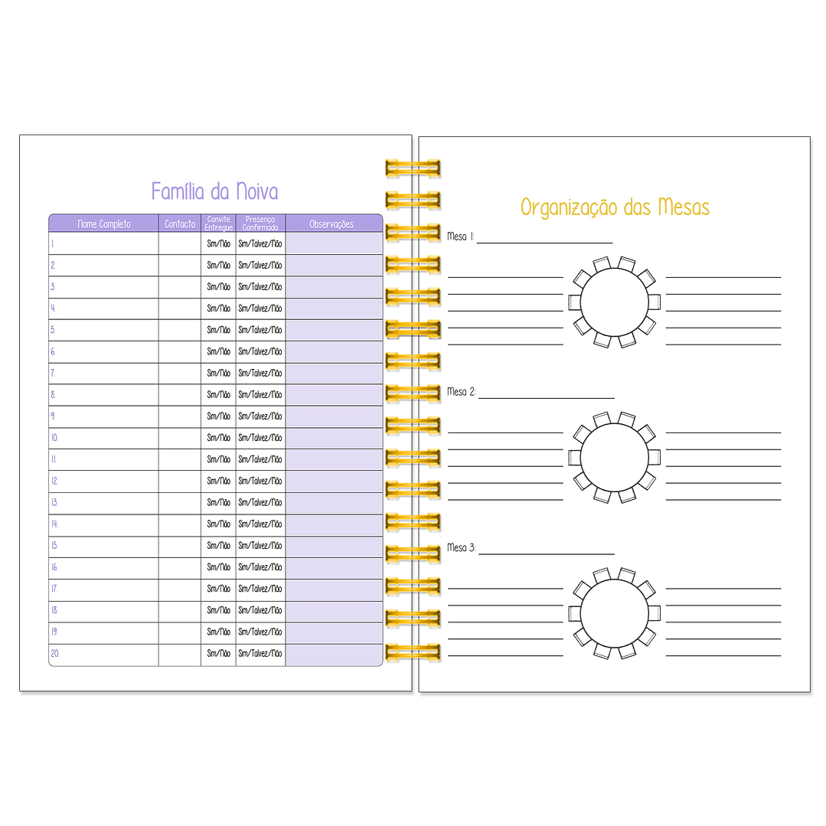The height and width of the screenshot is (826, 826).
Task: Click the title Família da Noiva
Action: pos(214,191)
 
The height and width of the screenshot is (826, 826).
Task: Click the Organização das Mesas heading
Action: pos(615,207)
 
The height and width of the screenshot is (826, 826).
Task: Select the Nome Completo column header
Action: pos(104,224)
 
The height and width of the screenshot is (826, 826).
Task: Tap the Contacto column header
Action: pos(180,224)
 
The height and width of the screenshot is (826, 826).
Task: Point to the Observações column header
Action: pos(331,224)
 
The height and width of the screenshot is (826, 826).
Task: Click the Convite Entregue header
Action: pos(219,224)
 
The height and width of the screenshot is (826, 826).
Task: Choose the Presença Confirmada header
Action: pos(260,224)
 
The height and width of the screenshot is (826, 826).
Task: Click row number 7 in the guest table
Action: pos(53,373)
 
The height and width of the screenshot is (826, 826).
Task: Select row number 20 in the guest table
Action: pos(55,653)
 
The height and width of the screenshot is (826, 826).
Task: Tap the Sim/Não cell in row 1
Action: pos(219,244)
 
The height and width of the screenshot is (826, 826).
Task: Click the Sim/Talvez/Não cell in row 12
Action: pos(260,481)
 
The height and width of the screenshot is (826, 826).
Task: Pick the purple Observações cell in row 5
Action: pos(334,330)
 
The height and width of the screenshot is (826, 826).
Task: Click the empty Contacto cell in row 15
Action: pos(180,546)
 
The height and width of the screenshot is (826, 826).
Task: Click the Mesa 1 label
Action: pos(460,237)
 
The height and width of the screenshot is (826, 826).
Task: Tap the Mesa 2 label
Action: pos(461,392)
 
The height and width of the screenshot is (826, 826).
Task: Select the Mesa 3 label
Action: pos(461,548)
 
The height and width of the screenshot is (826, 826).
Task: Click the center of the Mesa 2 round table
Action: pos(614,457)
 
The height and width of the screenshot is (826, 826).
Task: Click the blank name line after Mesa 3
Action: pos(547,554)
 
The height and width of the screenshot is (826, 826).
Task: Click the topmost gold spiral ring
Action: pos(413,168)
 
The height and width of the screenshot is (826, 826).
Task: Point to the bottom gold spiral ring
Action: pos(413,652)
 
